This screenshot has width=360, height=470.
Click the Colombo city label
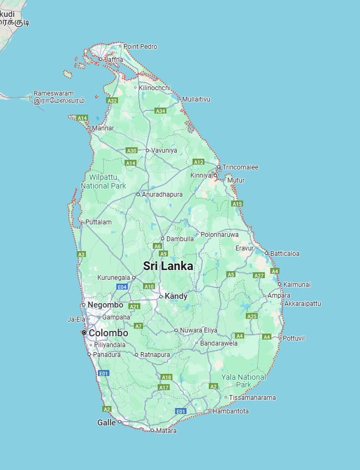tap(108, 333)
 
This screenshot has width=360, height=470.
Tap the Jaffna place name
tap(113, 59)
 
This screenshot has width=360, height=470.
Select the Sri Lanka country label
tap(168, 266)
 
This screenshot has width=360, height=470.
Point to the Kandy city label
tap(176, 297)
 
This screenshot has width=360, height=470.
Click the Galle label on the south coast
tap(107, 422)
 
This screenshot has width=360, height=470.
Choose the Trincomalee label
tap(240, 167)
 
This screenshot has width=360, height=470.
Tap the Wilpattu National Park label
tap(103, 181)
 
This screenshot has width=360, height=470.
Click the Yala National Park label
tap(244, 381)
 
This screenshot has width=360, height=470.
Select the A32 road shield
tap(113, 101)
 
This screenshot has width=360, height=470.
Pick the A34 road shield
tap(160, 111)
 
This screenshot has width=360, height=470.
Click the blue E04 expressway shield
tap(122, 286)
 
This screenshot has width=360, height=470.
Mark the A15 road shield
tap(237, 204)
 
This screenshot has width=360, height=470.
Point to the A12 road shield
tap(198, 162)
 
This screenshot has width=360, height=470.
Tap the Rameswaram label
tap(53, 93)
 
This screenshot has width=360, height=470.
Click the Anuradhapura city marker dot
tap(138, 195)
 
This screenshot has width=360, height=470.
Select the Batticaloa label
tap(285, 254)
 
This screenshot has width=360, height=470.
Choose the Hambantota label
tap(231, 411)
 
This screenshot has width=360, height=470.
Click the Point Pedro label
tap(140, 47)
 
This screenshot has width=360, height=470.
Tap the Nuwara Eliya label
tap(199, 330)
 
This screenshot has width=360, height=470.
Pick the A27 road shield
tap(259, 275)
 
